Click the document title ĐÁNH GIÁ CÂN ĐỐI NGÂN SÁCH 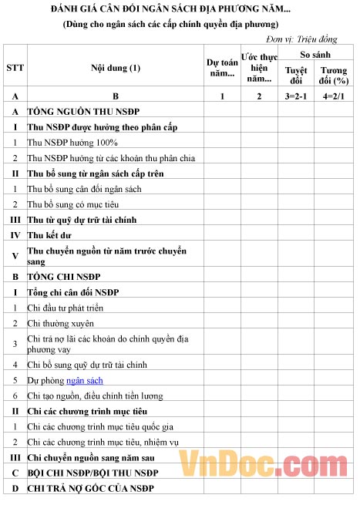[176, 9]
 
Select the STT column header [15, 68]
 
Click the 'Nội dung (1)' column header [116, 68]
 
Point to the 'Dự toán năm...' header [222, 68]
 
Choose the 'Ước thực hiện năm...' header [259, 68]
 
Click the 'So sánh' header [315, 55]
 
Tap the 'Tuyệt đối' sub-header [296, 76]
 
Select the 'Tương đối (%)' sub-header [334, 76]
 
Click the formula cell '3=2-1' [296, 96]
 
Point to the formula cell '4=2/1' [334, 96]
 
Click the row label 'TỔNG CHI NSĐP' [64, 275]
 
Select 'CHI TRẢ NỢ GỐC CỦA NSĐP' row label [91, 489]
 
